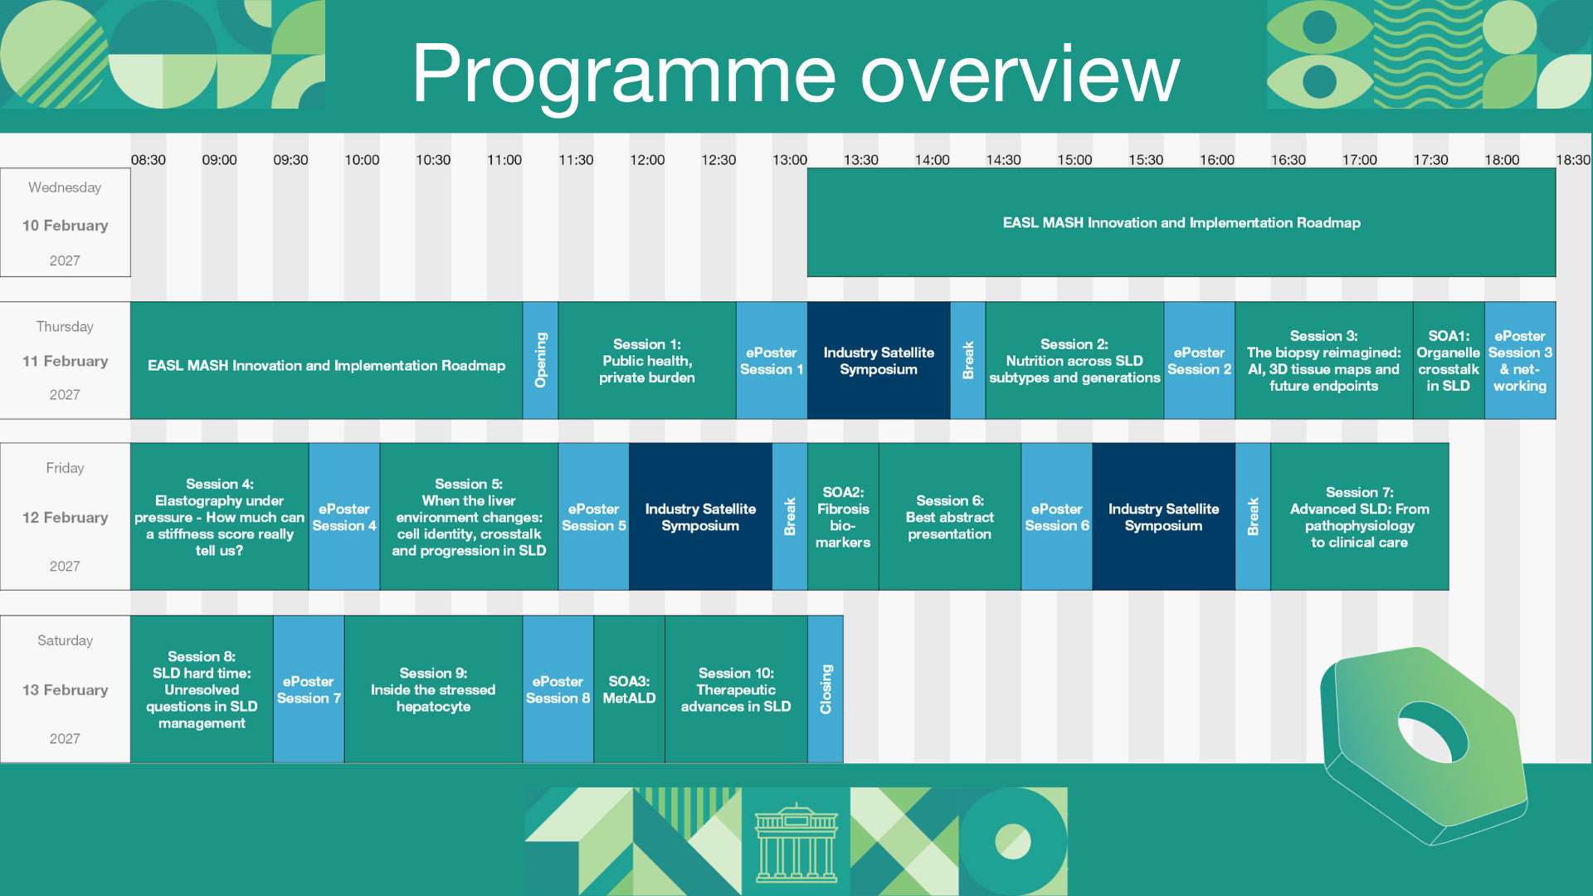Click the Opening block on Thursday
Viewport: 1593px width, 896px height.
pos(540,360)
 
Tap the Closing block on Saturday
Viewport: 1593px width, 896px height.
pos(826,689)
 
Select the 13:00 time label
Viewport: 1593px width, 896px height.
pos(790,160)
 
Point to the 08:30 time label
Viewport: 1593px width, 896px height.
pos(149,160)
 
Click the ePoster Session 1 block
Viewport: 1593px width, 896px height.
pos(772,360)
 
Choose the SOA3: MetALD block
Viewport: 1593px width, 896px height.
pos(629,689)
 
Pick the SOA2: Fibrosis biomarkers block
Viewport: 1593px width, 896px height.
pos(843,516)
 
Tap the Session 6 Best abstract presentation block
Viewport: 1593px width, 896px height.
pos(950,516)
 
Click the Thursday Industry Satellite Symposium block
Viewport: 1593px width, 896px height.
pos(879,360)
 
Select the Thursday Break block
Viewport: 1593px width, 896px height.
pos(968,360)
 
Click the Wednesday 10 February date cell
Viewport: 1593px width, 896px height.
pos(66,222)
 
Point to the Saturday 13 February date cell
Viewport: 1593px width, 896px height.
pos(66,689)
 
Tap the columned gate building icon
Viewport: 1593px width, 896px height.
pos(796,842)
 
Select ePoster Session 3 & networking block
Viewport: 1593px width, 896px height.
pos(1520,360)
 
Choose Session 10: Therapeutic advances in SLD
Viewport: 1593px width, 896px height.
pos(736,689)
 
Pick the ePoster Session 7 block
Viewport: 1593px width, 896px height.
pos(309,689)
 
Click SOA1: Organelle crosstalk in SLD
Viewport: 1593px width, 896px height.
pos(1449,360)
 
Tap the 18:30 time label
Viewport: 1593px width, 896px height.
pos(1573,160)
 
